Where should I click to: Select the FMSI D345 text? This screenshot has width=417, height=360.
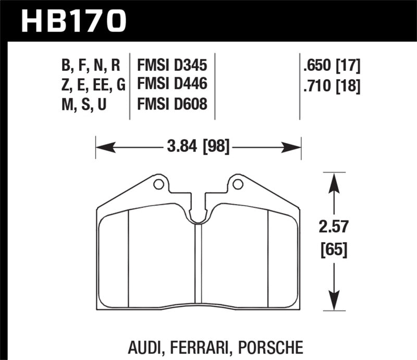(172, 66)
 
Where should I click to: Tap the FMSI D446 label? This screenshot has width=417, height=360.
(172, 84)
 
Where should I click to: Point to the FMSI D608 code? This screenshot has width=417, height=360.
(172, 104)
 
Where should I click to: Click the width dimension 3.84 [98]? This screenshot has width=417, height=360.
(199, 148)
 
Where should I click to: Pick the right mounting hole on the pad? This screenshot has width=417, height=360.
(238, 184)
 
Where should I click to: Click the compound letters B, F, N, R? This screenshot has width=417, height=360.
(91, 66)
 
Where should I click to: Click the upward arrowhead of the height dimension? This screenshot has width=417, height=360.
(333, 180)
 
